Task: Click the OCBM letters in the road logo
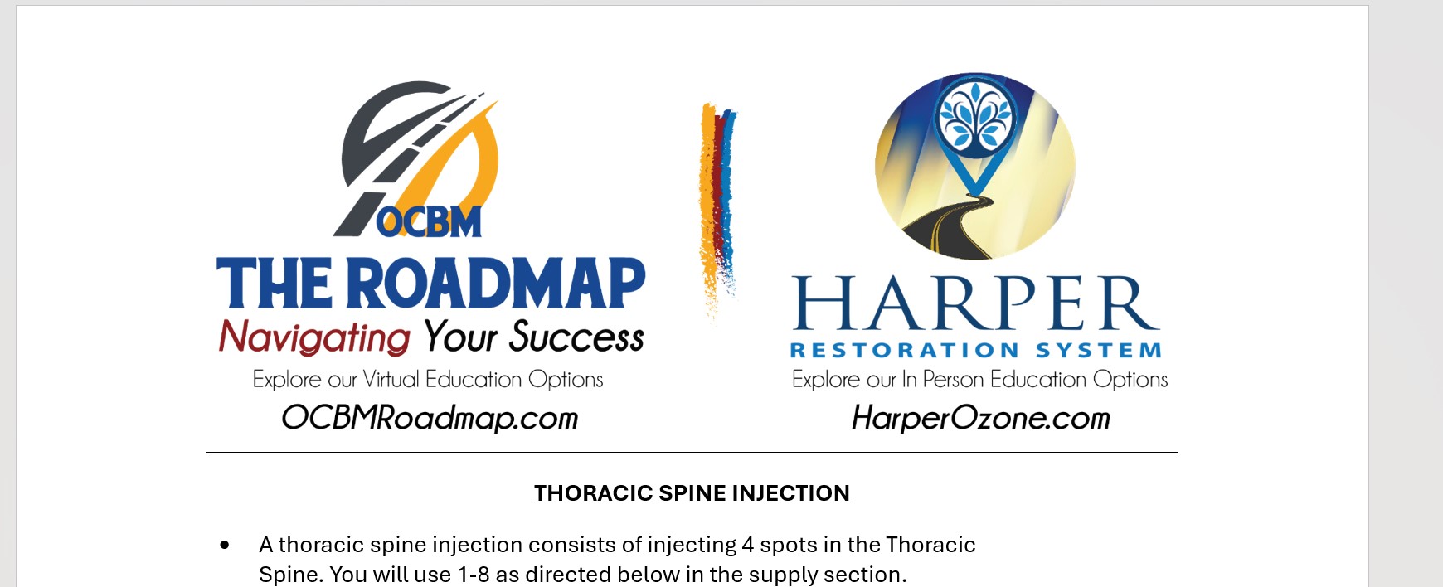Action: coord(430,221)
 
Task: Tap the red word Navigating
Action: coord(314,337)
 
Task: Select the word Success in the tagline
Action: coord(576,337)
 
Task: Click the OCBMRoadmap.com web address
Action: coord(430,417)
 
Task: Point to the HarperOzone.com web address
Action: coord(980,417)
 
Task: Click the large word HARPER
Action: coord(975,304)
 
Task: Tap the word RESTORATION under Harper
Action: coord(904,351)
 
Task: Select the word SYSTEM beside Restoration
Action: coord(1098,351)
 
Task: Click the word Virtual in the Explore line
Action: coord(391,380)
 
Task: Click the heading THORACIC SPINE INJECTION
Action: coord(692,493)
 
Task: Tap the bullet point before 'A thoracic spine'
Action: coord(225,545)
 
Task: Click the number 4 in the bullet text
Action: coord(748,545)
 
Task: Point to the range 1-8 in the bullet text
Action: coord(474,575)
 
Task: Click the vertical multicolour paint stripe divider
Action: coord(717,207)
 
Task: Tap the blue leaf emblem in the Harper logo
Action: coord(975,119)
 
